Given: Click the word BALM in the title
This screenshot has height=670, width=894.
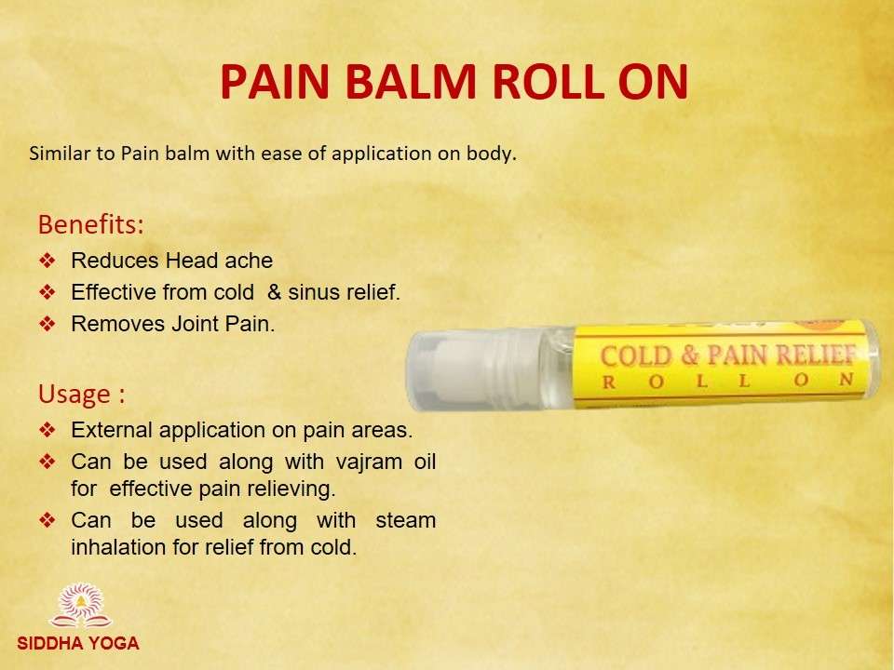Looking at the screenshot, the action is (x=411, y=82).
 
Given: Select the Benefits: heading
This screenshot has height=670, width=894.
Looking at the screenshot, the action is (x=90, y=224).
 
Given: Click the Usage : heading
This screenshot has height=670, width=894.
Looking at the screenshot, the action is (x=82, y=395).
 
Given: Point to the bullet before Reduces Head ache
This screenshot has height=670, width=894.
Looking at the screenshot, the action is (x=47, y=261).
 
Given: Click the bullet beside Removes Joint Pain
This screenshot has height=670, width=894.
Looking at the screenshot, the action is (x=47, y=324).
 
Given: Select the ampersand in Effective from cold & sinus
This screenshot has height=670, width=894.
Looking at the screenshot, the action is (x=274, y=292).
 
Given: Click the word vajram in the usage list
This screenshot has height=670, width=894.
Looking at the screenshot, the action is (x=369, y=462).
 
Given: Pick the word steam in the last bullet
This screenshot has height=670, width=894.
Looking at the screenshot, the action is (x=406, y=520).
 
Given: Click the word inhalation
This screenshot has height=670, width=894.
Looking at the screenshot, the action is (x=118, y=547).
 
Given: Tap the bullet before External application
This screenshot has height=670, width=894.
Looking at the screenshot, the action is (x=47, y=430).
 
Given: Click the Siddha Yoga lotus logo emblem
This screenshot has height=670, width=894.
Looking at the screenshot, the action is (x=81, y=605).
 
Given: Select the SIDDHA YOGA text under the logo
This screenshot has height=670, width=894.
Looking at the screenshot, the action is (x=78, y=643).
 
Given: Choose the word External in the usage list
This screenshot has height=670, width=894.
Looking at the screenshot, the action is (x=111, y=430).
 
